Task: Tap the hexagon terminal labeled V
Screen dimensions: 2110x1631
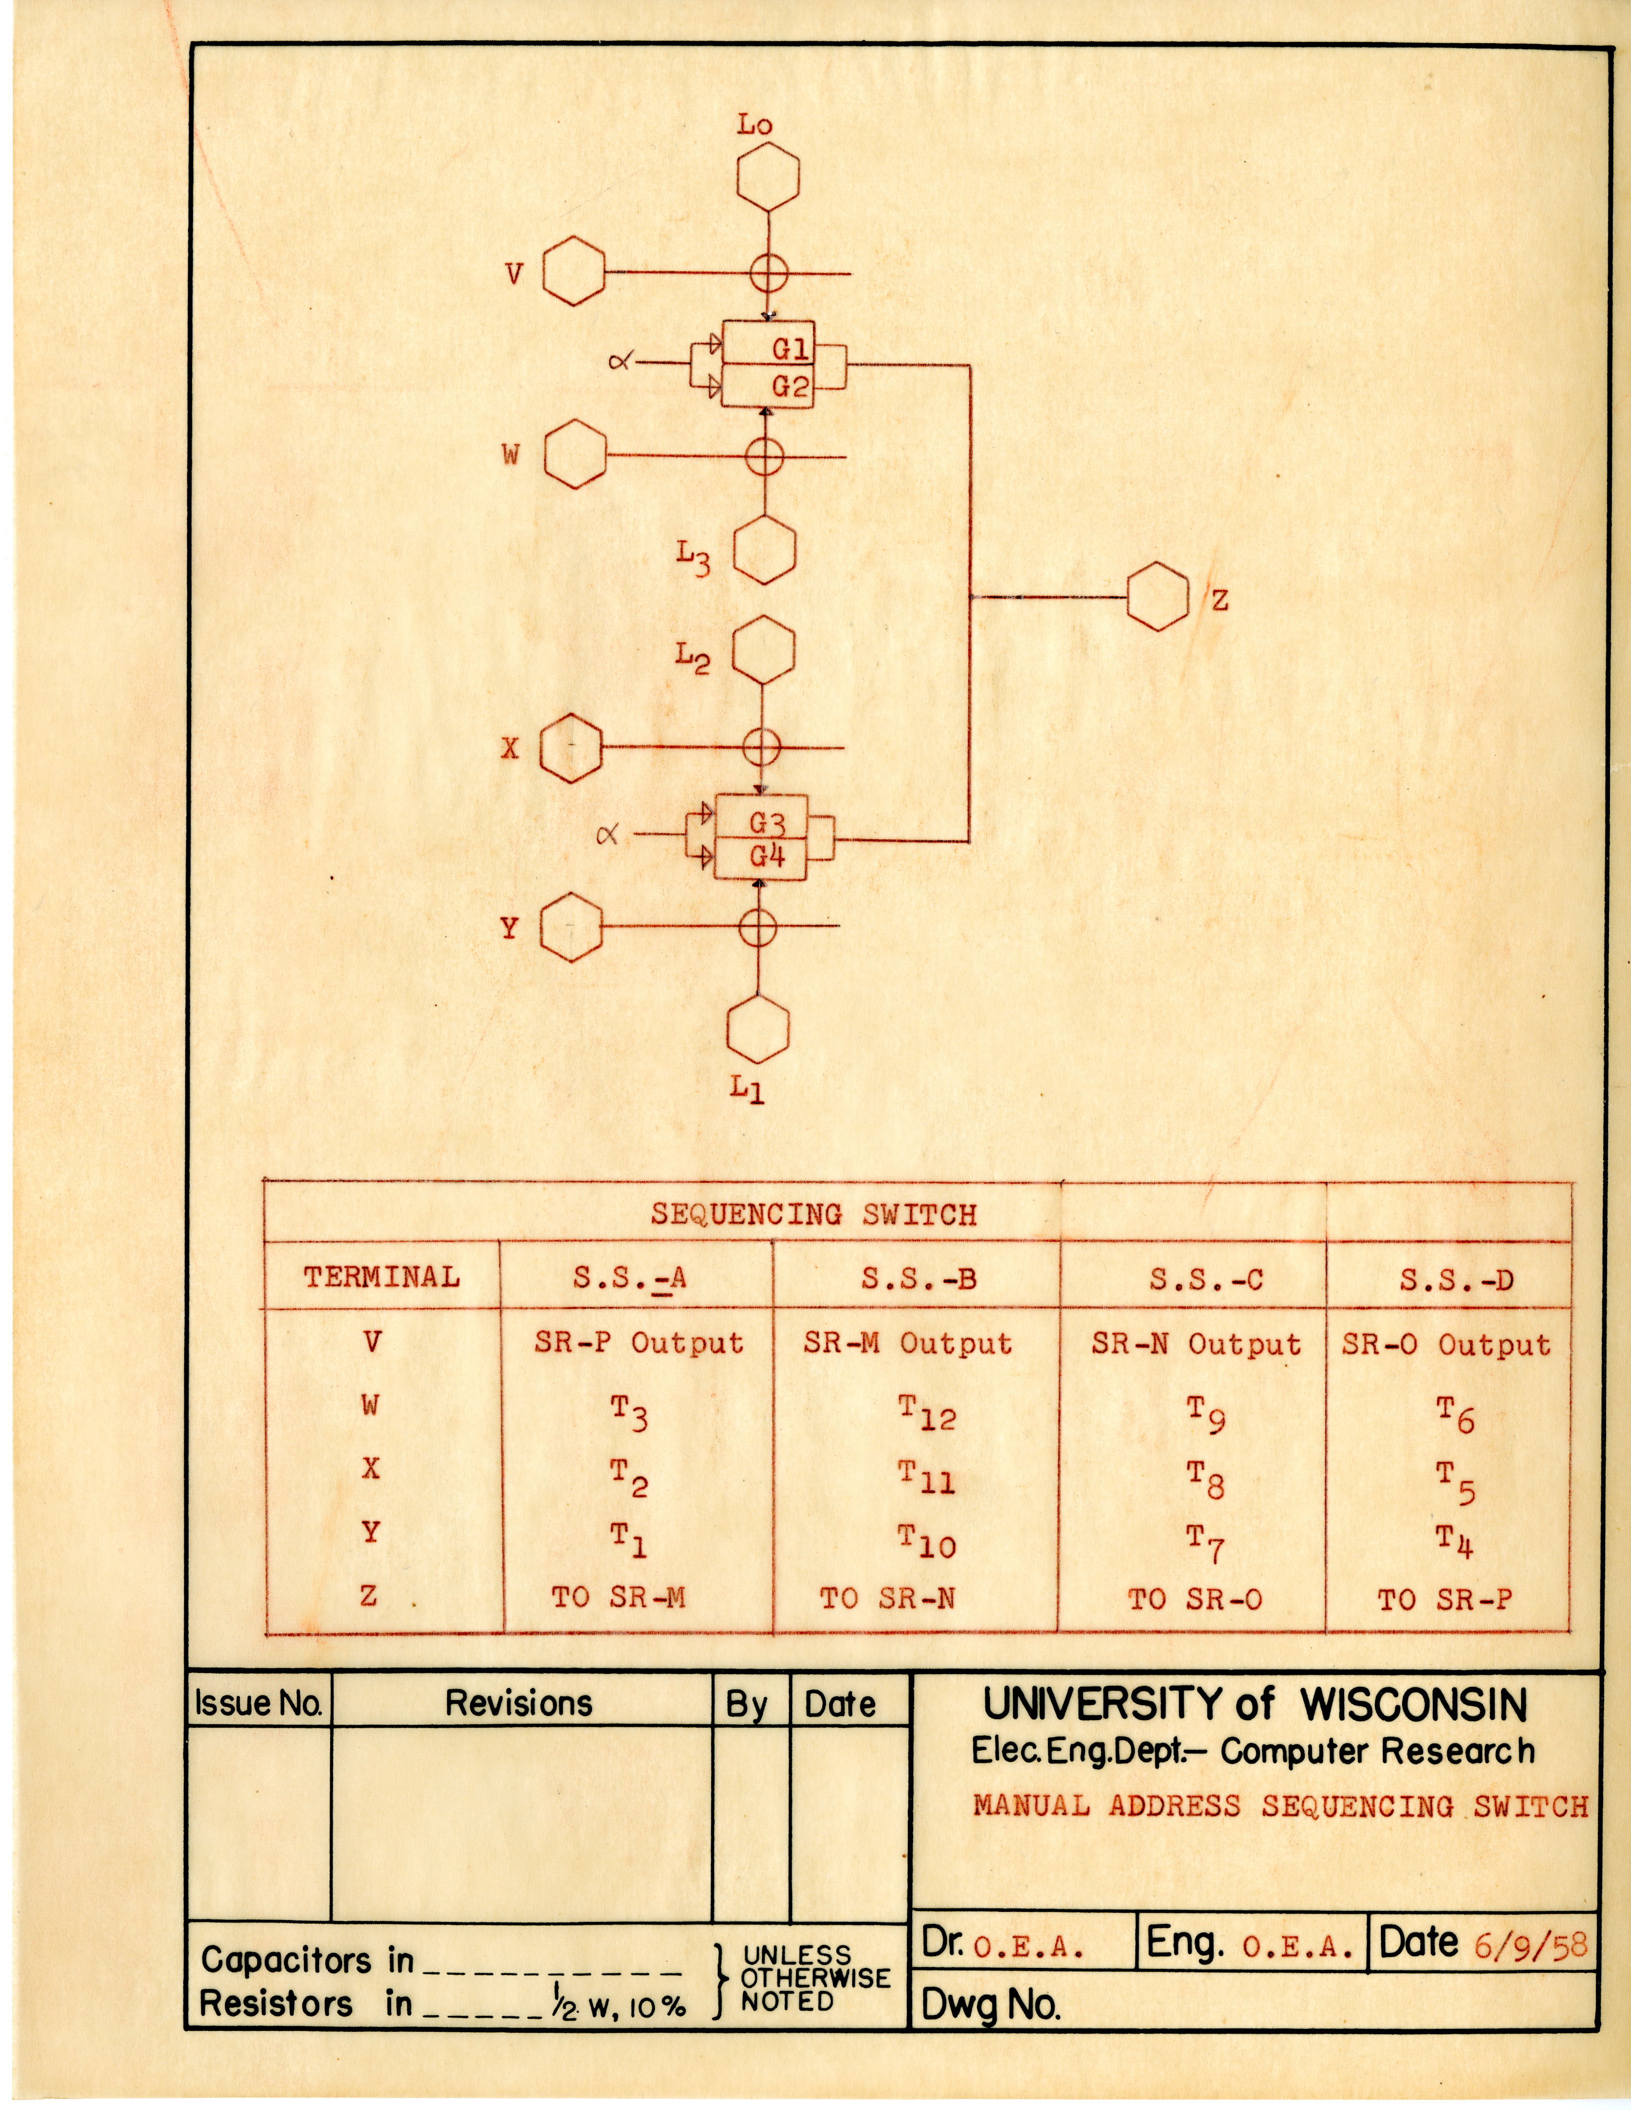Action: tap(574, 274)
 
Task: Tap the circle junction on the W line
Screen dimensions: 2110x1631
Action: tap(764, 456)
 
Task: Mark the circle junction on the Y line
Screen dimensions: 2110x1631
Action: tap(758, 927)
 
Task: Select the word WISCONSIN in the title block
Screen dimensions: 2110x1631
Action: tap(1414, 1705)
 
